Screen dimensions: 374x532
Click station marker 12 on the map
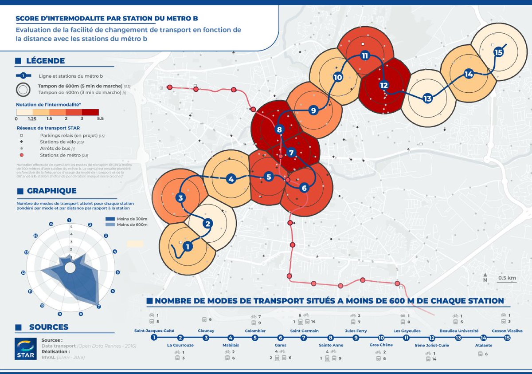384,86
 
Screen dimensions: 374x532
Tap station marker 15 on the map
499,52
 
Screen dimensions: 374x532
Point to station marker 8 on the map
279,130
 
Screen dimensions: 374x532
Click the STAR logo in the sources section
25,347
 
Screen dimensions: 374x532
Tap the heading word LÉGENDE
45,61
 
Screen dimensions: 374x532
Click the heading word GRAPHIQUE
51,191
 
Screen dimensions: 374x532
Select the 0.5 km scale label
507,278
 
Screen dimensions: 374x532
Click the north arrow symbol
485,276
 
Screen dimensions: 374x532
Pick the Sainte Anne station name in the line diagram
331,345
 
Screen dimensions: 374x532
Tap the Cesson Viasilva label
507,331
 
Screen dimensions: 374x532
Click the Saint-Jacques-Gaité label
154,331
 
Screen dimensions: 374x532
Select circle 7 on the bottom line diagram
304,338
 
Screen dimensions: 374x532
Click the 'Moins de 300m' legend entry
132,219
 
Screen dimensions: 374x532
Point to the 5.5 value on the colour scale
100,119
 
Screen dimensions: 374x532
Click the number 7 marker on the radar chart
98,306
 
